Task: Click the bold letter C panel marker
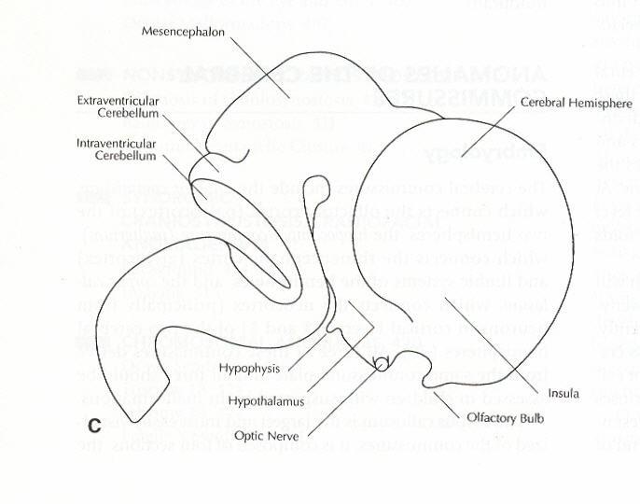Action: [94, 426]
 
